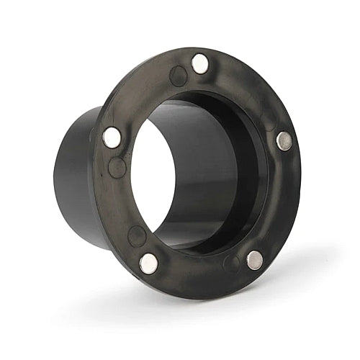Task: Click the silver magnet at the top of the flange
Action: [x=200, y=64]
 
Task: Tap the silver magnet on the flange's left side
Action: [x=112, y=137]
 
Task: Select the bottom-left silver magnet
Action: [x=149, y=264]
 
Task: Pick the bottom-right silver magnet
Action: [x=255, y=260]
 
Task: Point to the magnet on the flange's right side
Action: [x=284, y=140]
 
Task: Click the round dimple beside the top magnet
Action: [x=178, y=76]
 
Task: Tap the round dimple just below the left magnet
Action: [x=117, y=168]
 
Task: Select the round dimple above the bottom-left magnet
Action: [x=137, y=235]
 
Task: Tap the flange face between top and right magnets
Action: [x=248, y=86]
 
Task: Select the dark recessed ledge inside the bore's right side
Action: [x=252, y=173]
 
